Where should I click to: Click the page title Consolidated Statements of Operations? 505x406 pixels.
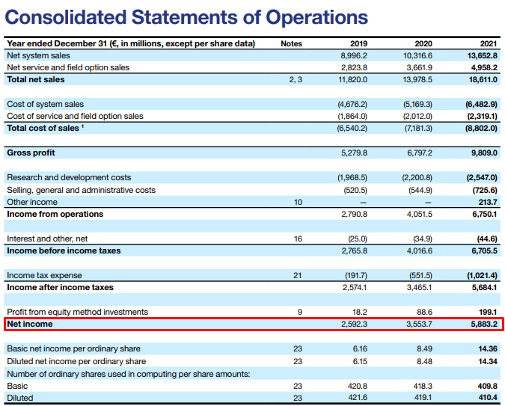[x=187, y=17]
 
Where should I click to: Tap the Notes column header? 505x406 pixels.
[x=291, y=43]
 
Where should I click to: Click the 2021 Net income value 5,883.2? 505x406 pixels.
[x=484, y=325]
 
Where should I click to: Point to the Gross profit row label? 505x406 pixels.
[x=31, y=153]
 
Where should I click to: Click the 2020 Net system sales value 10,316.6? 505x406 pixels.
[x=418, y=55]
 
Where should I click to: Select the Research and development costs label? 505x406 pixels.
[x=69, y=177]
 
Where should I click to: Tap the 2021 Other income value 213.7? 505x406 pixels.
[x=487, y=202]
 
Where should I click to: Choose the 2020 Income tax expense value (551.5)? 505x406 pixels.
[x=419, y=275]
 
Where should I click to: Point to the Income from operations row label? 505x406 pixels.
[x=55, y=214]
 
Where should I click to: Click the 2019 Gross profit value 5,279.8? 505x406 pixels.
[x=354, y=153]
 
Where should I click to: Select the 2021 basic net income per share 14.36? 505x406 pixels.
[x=487, y=348]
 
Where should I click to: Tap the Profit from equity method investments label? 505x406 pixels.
[x=77, y=312]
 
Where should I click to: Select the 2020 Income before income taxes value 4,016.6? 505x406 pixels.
[x=420, y=250]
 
